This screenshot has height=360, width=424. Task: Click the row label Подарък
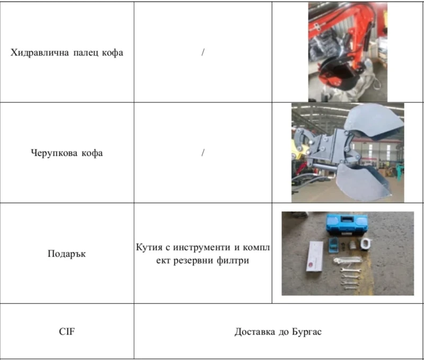click(67, 253)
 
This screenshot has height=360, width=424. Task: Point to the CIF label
click(67, 332)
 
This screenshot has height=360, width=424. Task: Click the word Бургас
click(306, 332)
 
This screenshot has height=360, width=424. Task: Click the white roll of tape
click(366, 243)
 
